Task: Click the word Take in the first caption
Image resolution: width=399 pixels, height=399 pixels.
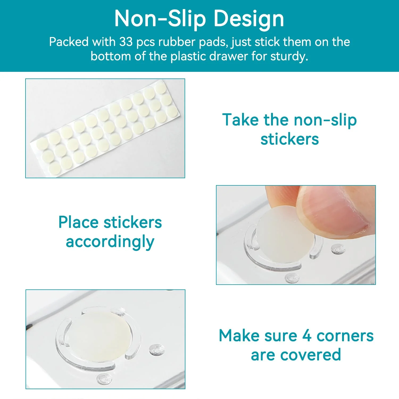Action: [240, 120]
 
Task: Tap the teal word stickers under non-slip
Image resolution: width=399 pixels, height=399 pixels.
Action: [289, 139]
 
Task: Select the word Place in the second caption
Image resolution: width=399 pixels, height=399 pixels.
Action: [78, 222]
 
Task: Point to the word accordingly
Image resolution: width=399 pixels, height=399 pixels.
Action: [110, 242]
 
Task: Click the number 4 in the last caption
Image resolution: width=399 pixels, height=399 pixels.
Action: [307, 335]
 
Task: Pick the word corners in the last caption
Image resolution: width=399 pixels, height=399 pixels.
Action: [345, 336]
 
